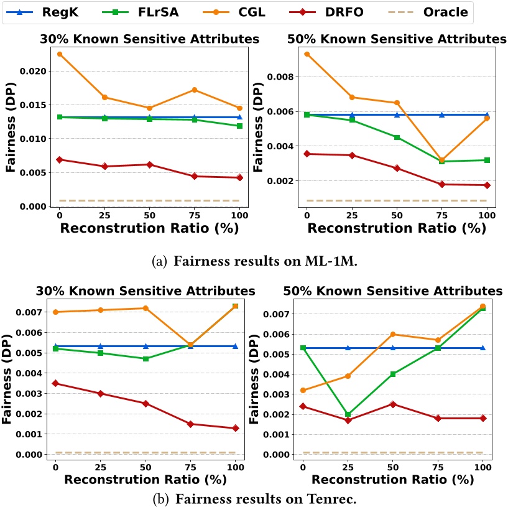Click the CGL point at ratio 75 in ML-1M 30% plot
coord(195,90)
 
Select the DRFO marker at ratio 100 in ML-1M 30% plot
coord(239,177)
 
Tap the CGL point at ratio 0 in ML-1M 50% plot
coord(307,54)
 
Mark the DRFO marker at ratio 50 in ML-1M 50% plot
coord(397,168)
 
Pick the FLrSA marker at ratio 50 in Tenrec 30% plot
coord(145,359)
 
